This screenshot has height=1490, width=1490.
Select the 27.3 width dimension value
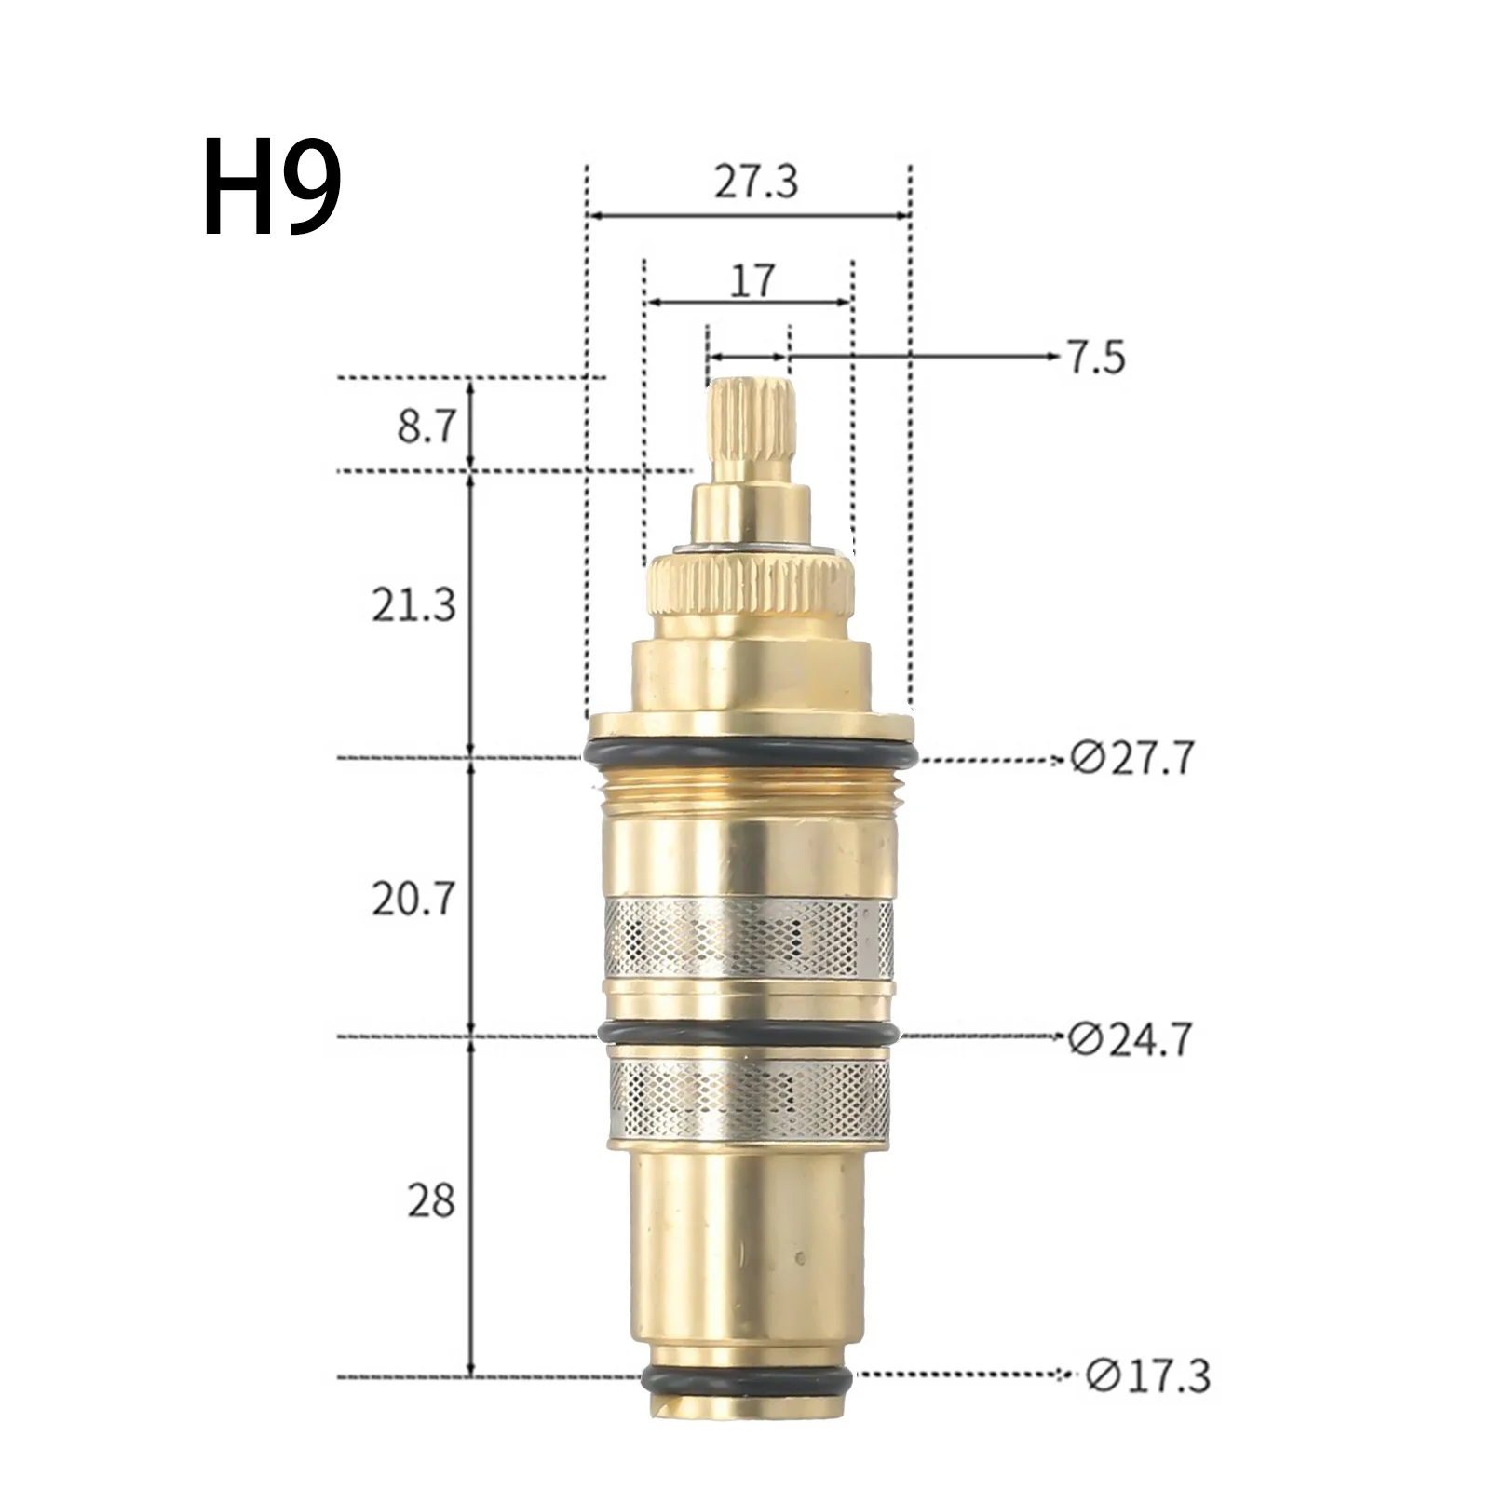[x=755, y=183]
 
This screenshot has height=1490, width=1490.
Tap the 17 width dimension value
[x=752, y=278]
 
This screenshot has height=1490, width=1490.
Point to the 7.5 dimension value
[x=1096, y=358]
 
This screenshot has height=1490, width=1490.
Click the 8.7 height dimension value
[x=426, y=429]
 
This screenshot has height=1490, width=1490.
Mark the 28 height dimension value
[x=430, y=1201]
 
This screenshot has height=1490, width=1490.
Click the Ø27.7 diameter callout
[x=1131, y=759]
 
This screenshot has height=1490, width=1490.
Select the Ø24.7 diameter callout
[x=1130, y=1039]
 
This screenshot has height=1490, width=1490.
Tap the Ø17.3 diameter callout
[x=1148, y=1402]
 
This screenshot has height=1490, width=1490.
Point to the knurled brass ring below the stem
[x=751, y=588]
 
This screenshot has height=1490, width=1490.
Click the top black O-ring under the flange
[x=750, y=752]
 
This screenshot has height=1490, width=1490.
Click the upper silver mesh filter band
[x=750, y=937]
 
